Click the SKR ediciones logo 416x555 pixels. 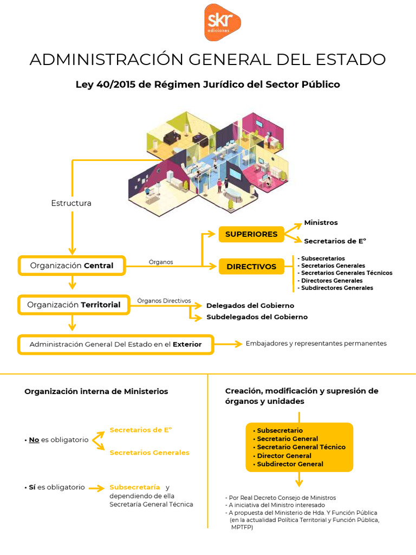[222, 22]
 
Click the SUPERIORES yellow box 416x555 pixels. [251, 234]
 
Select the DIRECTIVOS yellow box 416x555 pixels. [251, 267]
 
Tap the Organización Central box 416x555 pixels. [71, 266]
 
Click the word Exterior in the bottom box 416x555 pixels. [187, 344]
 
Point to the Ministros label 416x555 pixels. [321, 223]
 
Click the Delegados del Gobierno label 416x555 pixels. [250, 306]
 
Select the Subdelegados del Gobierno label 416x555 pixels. [257, 317]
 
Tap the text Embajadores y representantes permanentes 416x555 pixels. [316, 344]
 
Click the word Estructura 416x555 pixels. [71, 203]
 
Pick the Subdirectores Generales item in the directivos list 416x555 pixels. [337, 288]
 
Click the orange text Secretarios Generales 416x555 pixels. [149, 453]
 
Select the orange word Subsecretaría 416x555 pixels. [135, 487]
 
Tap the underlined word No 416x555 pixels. [34, 440]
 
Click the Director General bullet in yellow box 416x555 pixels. [284, 456]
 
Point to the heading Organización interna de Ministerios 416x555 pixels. [96, 391]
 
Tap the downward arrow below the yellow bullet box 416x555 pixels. [299, 479]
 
